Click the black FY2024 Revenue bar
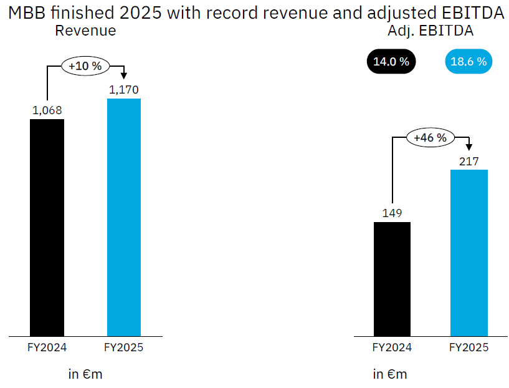point(47,228)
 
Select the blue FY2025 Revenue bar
point(124,217)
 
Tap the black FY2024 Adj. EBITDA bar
point(392,279)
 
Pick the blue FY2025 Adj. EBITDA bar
point(469,253)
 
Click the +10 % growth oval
point(85,65)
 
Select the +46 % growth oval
point(431,138)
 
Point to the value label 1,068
point(47,110)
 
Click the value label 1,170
point(124,90)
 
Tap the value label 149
point(392,213)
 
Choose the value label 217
point(469,162)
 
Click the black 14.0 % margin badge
point(391,62)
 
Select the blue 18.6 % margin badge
point(469,62)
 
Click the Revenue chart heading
point(85,31)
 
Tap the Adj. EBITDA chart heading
point(431,31)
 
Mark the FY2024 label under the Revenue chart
point(47,347)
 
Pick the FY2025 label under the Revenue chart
point(124,347)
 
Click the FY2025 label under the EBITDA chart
point(469,347)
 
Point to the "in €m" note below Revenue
point(85,374)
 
